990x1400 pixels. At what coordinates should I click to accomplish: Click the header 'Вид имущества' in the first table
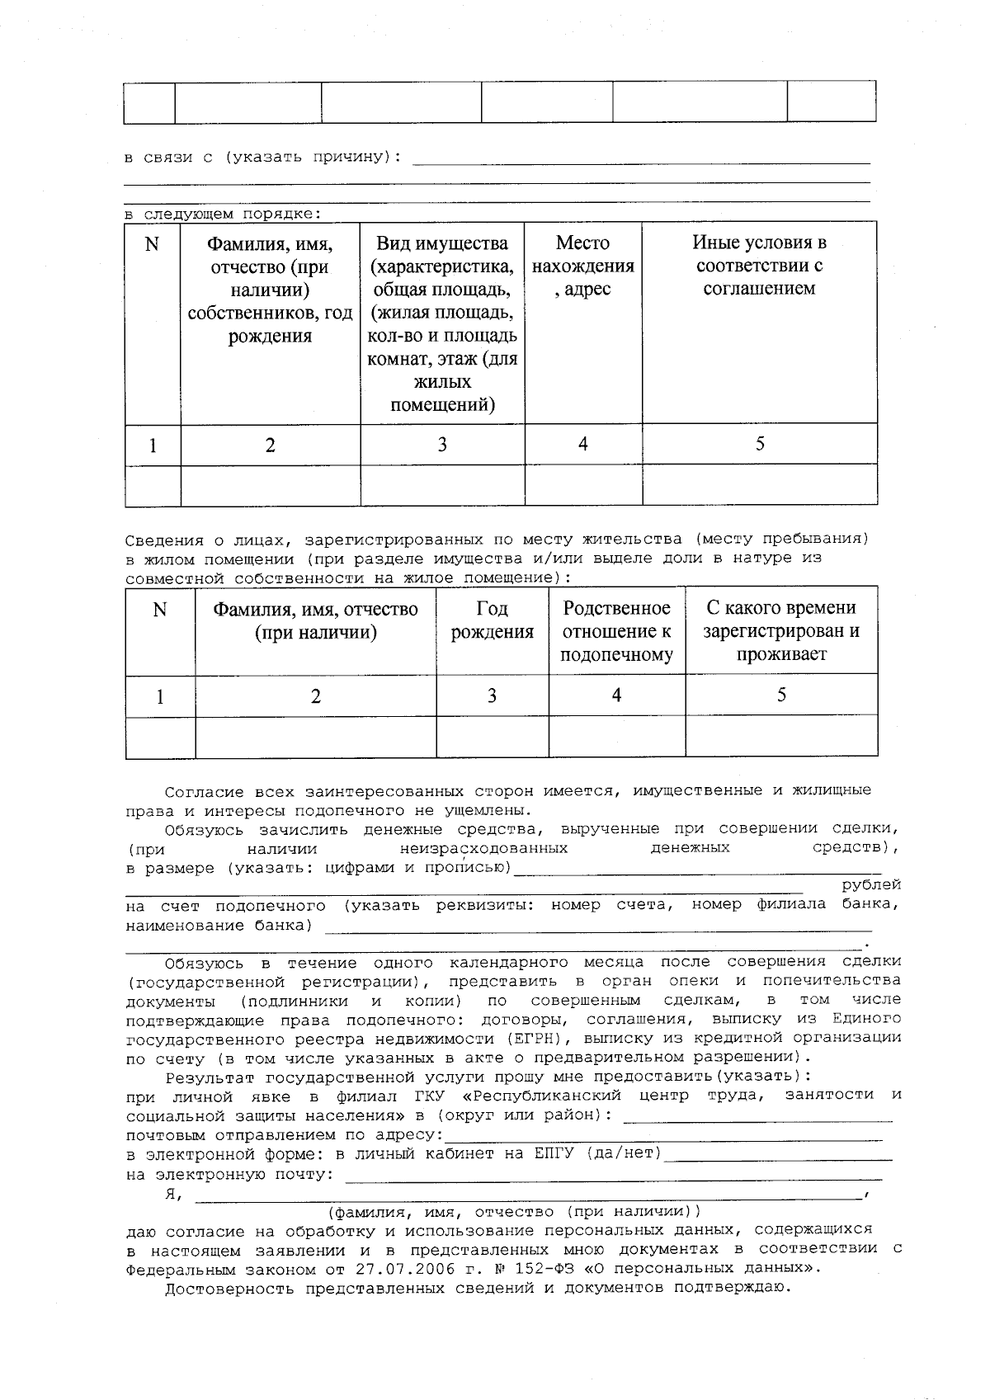442,244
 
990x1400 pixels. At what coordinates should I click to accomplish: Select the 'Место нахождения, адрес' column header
582,266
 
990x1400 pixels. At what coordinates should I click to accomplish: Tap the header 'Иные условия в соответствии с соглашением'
759,266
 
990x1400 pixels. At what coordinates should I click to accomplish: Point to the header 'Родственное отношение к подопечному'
616,631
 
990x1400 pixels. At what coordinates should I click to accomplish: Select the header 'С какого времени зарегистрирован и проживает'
780,631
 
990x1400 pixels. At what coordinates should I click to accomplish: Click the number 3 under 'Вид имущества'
442,445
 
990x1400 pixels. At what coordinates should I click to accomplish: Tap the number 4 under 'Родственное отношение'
616,695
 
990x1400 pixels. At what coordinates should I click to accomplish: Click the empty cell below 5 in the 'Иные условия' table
759,484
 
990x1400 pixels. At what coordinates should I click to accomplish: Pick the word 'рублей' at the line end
871,885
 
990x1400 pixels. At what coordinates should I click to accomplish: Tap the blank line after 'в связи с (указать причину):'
640,158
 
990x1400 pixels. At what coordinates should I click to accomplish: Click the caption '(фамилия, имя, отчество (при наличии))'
513,1212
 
